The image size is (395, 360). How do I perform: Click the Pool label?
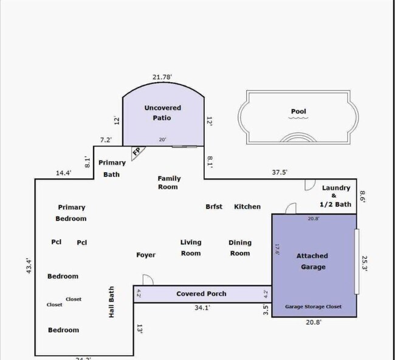(x=298, y=111)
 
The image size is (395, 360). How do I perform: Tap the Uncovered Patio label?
(x=162, y=112)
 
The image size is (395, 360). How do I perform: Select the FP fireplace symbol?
(x=137, y=152)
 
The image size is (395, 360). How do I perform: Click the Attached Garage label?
(x=312, y=261)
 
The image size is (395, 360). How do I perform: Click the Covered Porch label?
(x=201, y=294)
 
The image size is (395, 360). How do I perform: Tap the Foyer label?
(x=146, y=255)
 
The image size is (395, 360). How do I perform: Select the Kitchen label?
(x=247, y=207)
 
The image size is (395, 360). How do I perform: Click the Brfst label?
(x=214, y=207)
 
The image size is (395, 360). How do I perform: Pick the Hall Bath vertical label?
(x=111, y=303)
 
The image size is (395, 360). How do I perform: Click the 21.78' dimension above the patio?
(x=162, y=77)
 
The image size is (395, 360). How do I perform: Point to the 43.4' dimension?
(x=28, y=266)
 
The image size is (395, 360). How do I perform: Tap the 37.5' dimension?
(x=280, y=172)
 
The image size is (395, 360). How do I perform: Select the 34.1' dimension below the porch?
(x=202, y=308)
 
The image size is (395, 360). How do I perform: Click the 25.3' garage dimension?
(x=365, y=263)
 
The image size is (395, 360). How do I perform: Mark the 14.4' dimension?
(x=64, y=173)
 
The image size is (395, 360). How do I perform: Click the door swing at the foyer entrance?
(x=147, y=280)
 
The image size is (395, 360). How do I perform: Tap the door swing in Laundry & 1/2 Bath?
(x=308, y=184)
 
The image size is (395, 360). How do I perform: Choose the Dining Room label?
(x=240, y=247)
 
